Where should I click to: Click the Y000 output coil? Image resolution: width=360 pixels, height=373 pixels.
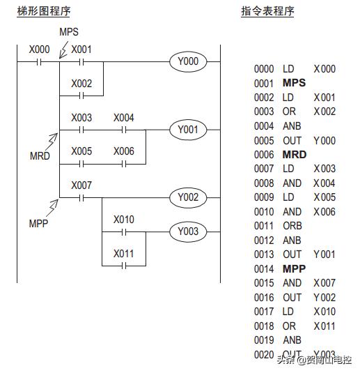coord(188,61)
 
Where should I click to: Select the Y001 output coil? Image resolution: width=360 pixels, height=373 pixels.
coord(188,129)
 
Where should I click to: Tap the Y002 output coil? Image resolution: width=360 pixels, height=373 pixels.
coord(188,197)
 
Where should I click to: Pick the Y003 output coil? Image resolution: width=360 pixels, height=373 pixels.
coord(188,231)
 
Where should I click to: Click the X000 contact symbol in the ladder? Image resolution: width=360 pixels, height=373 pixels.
coord(39,61)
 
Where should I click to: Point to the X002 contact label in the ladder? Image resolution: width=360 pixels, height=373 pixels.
coord(81,83)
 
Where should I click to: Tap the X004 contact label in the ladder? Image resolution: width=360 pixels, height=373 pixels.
coord(124,117)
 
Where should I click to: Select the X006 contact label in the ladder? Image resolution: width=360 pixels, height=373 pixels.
coord(124,151)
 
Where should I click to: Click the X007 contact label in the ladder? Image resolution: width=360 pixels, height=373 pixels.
coord(81,185)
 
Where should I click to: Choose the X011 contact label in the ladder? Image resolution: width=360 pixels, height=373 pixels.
coord(124,253)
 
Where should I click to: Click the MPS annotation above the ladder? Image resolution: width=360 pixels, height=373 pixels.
coord(70,32)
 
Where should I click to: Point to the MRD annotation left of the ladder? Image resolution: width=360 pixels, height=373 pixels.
coord(40,155)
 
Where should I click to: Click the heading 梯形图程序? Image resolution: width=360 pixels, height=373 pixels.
coord(44,12)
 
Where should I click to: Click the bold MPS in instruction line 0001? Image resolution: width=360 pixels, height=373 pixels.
coord(294,83)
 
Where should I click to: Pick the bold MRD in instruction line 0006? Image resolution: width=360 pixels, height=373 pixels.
coord(294,154)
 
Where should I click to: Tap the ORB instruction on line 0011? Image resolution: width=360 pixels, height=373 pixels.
coord(291,226)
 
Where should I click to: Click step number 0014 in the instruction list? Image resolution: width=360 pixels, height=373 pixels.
coord(264,268)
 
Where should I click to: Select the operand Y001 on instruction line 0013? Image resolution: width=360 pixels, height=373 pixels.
coord(324,254)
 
